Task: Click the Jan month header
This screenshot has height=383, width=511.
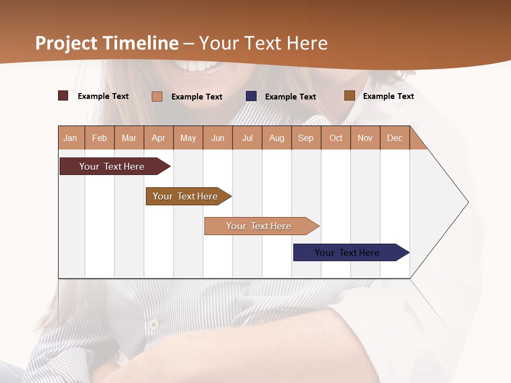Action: [x=71, y=138]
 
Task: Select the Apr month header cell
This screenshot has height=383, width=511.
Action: [x=159, y=138]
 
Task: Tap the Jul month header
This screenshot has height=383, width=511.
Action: [x=247, y=138]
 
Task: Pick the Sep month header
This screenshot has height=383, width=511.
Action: [x=306, y=138]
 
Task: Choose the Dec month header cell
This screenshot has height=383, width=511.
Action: [x=394, y=138]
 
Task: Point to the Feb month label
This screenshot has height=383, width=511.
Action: [x=100, y=138]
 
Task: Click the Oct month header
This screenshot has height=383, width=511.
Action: [x=336, y=138]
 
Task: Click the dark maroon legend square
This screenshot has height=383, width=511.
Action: [x=63, y=96]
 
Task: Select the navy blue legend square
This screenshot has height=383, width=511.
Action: [x=251, y=96]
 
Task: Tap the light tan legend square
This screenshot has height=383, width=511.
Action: [x=157, y=96]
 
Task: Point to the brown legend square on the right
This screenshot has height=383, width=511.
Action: [x=350, y=96]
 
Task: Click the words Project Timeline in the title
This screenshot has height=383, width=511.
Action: [x=106, y=43]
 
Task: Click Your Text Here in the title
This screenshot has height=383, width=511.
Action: [x=263, y=43]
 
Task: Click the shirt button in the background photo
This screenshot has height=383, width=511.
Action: [x=154, y=323]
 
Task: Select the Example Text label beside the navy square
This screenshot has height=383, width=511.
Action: [x=290, y=97]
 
